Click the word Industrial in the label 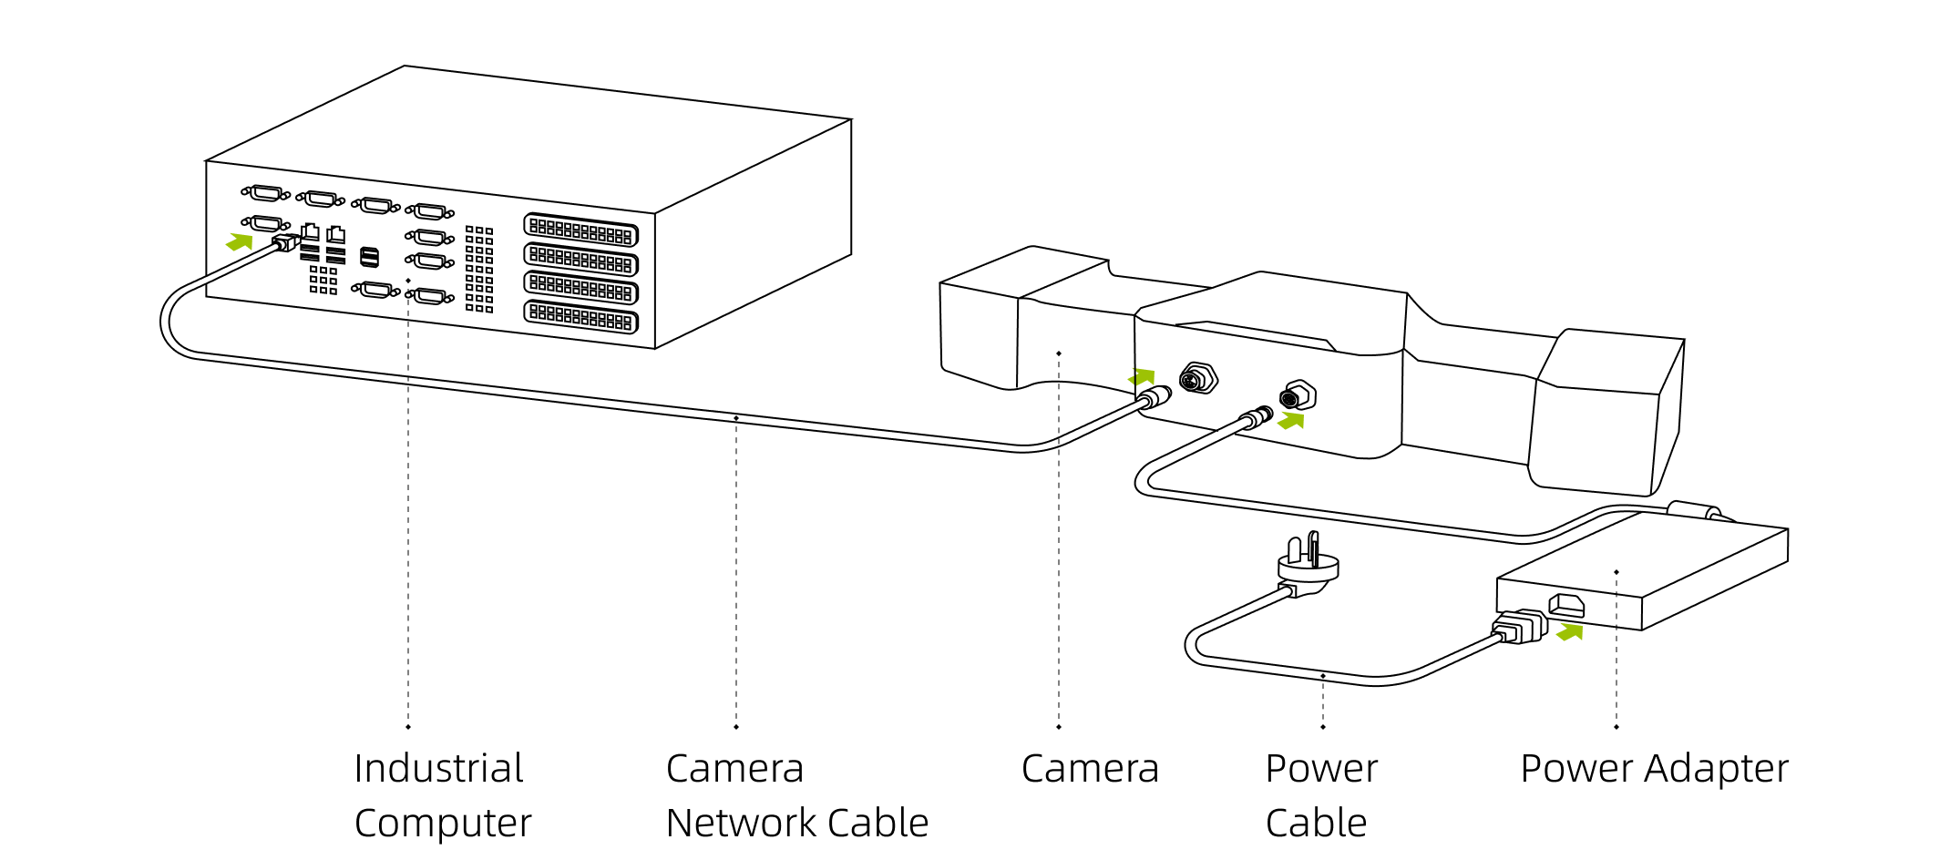coord(438,768)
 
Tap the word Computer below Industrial coord(443,823)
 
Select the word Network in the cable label coord(746,823)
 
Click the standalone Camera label coord(1090,768)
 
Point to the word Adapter coord(1717,768)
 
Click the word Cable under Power coord(1316,823)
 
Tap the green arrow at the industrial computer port coord(240,241)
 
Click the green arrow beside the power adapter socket coord(1570,631)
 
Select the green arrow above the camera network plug coord(1142,375)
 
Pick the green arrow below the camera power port coord(1291,420)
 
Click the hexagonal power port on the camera coord(1298,396)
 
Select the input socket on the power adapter coord(1566,604)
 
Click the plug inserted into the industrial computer coord(286,242)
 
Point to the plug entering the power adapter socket coord(1520,627)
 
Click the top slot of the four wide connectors coord(580,230)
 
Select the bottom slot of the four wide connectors coord(580,317)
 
